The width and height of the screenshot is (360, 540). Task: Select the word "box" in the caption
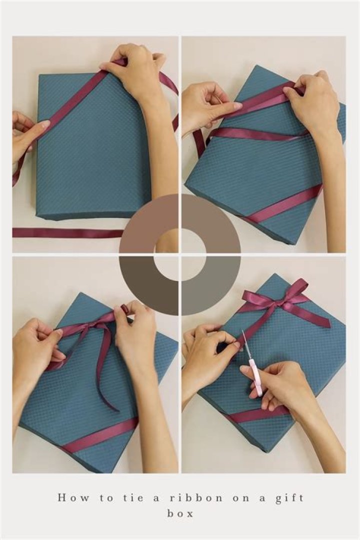[180, 513]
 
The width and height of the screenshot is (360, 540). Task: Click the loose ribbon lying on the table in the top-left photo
[65, 232]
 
